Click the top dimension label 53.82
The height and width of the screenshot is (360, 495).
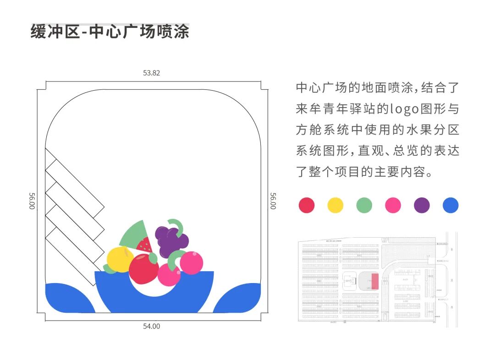[151, 73]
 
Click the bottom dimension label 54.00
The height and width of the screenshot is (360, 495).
[152, 326]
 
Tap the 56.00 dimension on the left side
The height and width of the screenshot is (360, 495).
[32, 201]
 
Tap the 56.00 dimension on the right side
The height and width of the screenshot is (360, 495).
[273, 201]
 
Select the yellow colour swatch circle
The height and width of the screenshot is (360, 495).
[335, 205]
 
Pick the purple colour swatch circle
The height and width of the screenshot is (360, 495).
[422, 205]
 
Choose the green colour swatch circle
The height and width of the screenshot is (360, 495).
[364, 205]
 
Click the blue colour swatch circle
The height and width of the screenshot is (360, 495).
[451, 205]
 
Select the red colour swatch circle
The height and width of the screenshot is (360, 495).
[306, 205]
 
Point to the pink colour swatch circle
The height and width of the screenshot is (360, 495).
[393, 205]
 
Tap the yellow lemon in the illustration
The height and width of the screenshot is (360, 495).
[120, 259]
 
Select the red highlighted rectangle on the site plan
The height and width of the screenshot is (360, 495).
[374, 281]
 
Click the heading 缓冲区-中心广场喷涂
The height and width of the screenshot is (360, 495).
[110, 32]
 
